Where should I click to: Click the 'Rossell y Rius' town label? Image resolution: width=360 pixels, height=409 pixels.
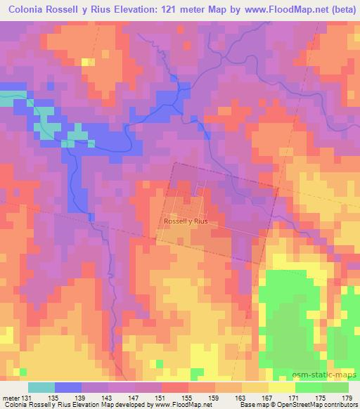[x=186, y=221]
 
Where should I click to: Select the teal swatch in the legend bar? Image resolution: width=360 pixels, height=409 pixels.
[x=41, y=387]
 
